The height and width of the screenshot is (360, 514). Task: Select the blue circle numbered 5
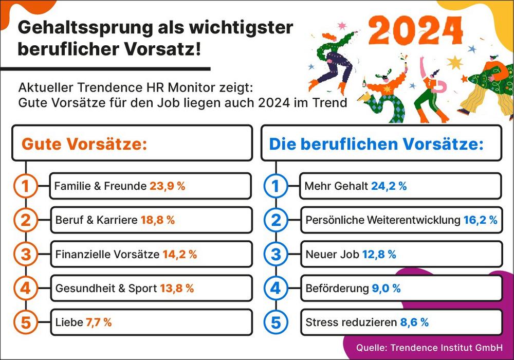pos(276,323)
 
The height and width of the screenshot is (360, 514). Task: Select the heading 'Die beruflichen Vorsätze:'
pos(376,143)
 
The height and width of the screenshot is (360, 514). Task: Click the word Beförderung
pos(337,289)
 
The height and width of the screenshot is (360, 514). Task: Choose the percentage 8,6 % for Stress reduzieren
pos(414,323)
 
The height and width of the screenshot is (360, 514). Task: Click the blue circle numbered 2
pos(276,220)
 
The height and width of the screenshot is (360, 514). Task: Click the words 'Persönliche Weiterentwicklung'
pos(381,220)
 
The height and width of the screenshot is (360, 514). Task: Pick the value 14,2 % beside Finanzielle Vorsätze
pos(179,254)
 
